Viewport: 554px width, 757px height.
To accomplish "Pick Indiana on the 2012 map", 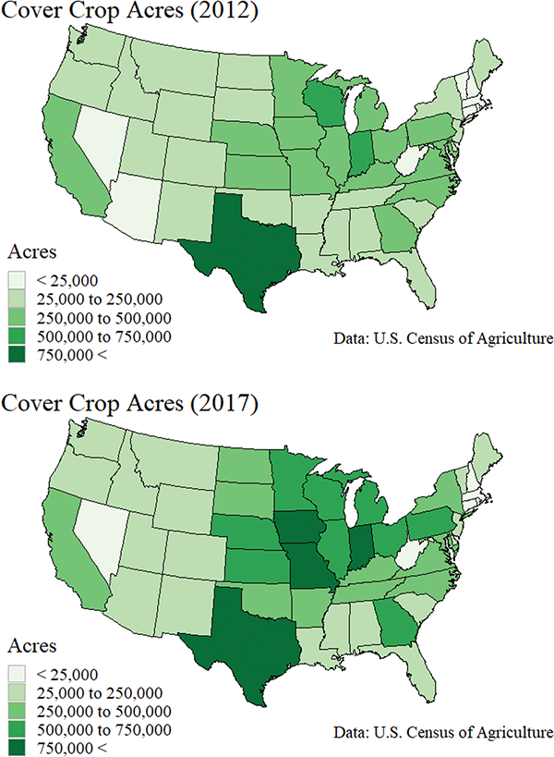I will tap(362, 155).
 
